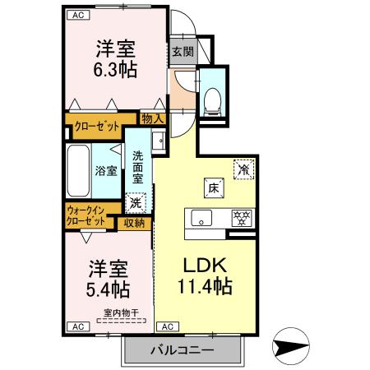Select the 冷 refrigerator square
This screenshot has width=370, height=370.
click(x=244, y=168)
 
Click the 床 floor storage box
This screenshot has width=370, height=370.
click(x=211, y=188)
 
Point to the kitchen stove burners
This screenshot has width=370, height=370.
click(x=242, y=218)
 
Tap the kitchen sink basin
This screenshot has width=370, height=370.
click(x=201, y=218)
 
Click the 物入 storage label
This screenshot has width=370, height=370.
click(x=152, y=119)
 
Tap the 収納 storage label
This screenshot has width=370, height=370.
click(x=135, y=222)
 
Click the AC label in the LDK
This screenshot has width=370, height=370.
click(x=165, y=326)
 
